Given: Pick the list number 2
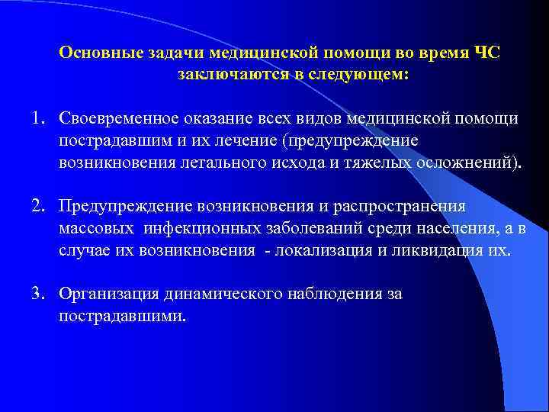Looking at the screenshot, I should pos(37,207).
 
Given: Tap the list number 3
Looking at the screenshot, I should pos(37,294).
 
